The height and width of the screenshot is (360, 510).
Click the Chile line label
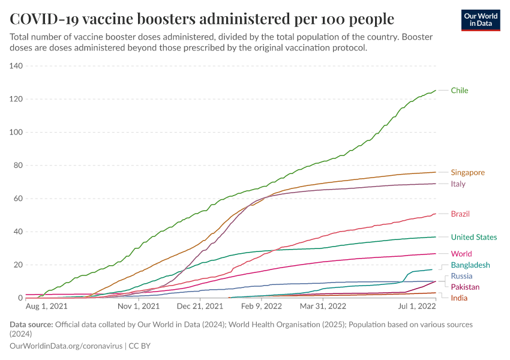459,91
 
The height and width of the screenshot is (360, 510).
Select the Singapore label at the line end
467,172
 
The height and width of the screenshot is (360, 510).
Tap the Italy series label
458,184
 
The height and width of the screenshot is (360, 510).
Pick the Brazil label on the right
460,214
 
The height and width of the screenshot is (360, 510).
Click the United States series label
473,237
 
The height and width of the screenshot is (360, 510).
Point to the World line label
461,254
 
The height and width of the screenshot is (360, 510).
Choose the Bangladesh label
470,265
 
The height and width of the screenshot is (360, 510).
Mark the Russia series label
461,276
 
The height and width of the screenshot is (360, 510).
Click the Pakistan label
465,287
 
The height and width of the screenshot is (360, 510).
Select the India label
459,298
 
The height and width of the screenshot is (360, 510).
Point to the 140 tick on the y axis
16,66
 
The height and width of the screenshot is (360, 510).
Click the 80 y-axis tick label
18,166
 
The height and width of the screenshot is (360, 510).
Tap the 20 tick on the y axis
18,265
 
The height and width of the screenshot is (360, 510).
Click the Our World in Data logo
480,20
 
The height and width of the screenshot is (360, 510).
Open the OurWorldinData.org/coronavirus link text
66,346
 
